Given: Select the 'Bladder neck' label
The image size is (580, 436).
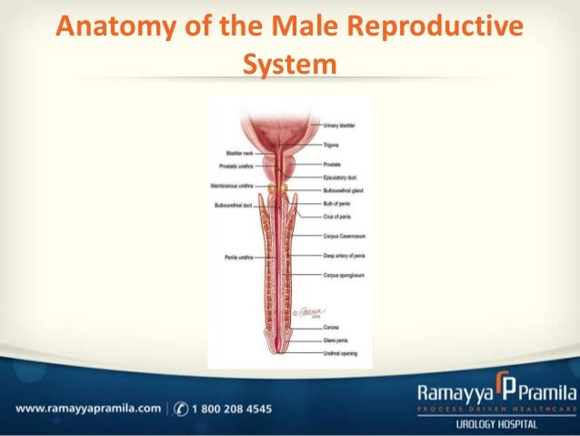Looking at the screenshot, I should point(240,154).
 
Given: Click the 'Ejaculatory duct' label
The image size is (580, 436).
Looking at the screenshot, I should point(340,177).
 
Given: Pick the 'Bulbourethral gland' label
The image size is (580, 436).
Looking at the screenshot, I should point(343,191).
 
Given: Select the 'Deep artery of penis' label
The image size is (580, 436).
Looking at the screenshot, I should point(345,258).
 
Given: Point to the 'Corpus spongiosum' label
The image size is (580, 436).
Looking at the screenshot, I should point(343,273).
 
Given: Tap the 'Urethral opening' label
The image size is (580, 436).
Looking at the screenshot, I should point(341,351).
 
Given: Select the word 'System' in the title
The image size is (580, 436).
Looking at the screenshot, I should point(290,65).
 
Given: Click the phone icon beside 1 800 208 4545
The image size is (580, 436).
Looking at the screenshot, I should point(181,410).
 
